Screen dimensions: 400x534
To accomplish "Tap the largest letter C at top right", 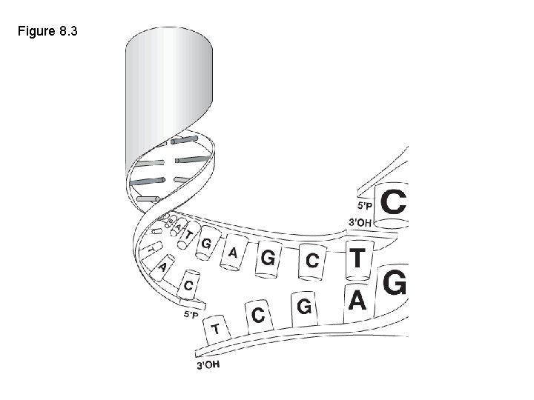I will (x=393, y=201).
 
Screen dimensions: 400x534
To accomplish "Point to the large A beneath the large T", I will (x=357, y=301).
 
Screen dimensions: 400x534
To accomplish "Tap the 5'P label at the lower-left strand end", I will (x=191, y=314).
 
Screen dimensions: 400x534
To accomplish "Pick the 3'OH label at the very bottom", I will (x=208, y=364).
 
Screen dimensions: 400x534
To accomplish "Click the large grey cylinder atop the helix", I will (x=169, y=81).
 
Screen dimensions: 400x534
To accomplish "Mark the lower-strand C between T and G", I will (x=258, y=316).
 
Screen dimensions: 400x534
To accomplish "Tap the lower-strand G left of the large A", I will (x=303, y=305).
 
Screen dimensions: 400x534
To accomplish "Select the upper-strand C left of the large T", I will (x=313, y=261).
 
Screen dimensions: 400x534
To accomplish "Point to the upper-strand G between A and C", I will (x=268, y=259).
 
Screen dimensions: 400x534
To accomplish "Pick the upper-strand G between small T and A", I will (x=206, y=243).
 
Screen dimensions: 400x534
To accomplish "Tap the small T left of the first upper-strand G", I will (x=189, y=235).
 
